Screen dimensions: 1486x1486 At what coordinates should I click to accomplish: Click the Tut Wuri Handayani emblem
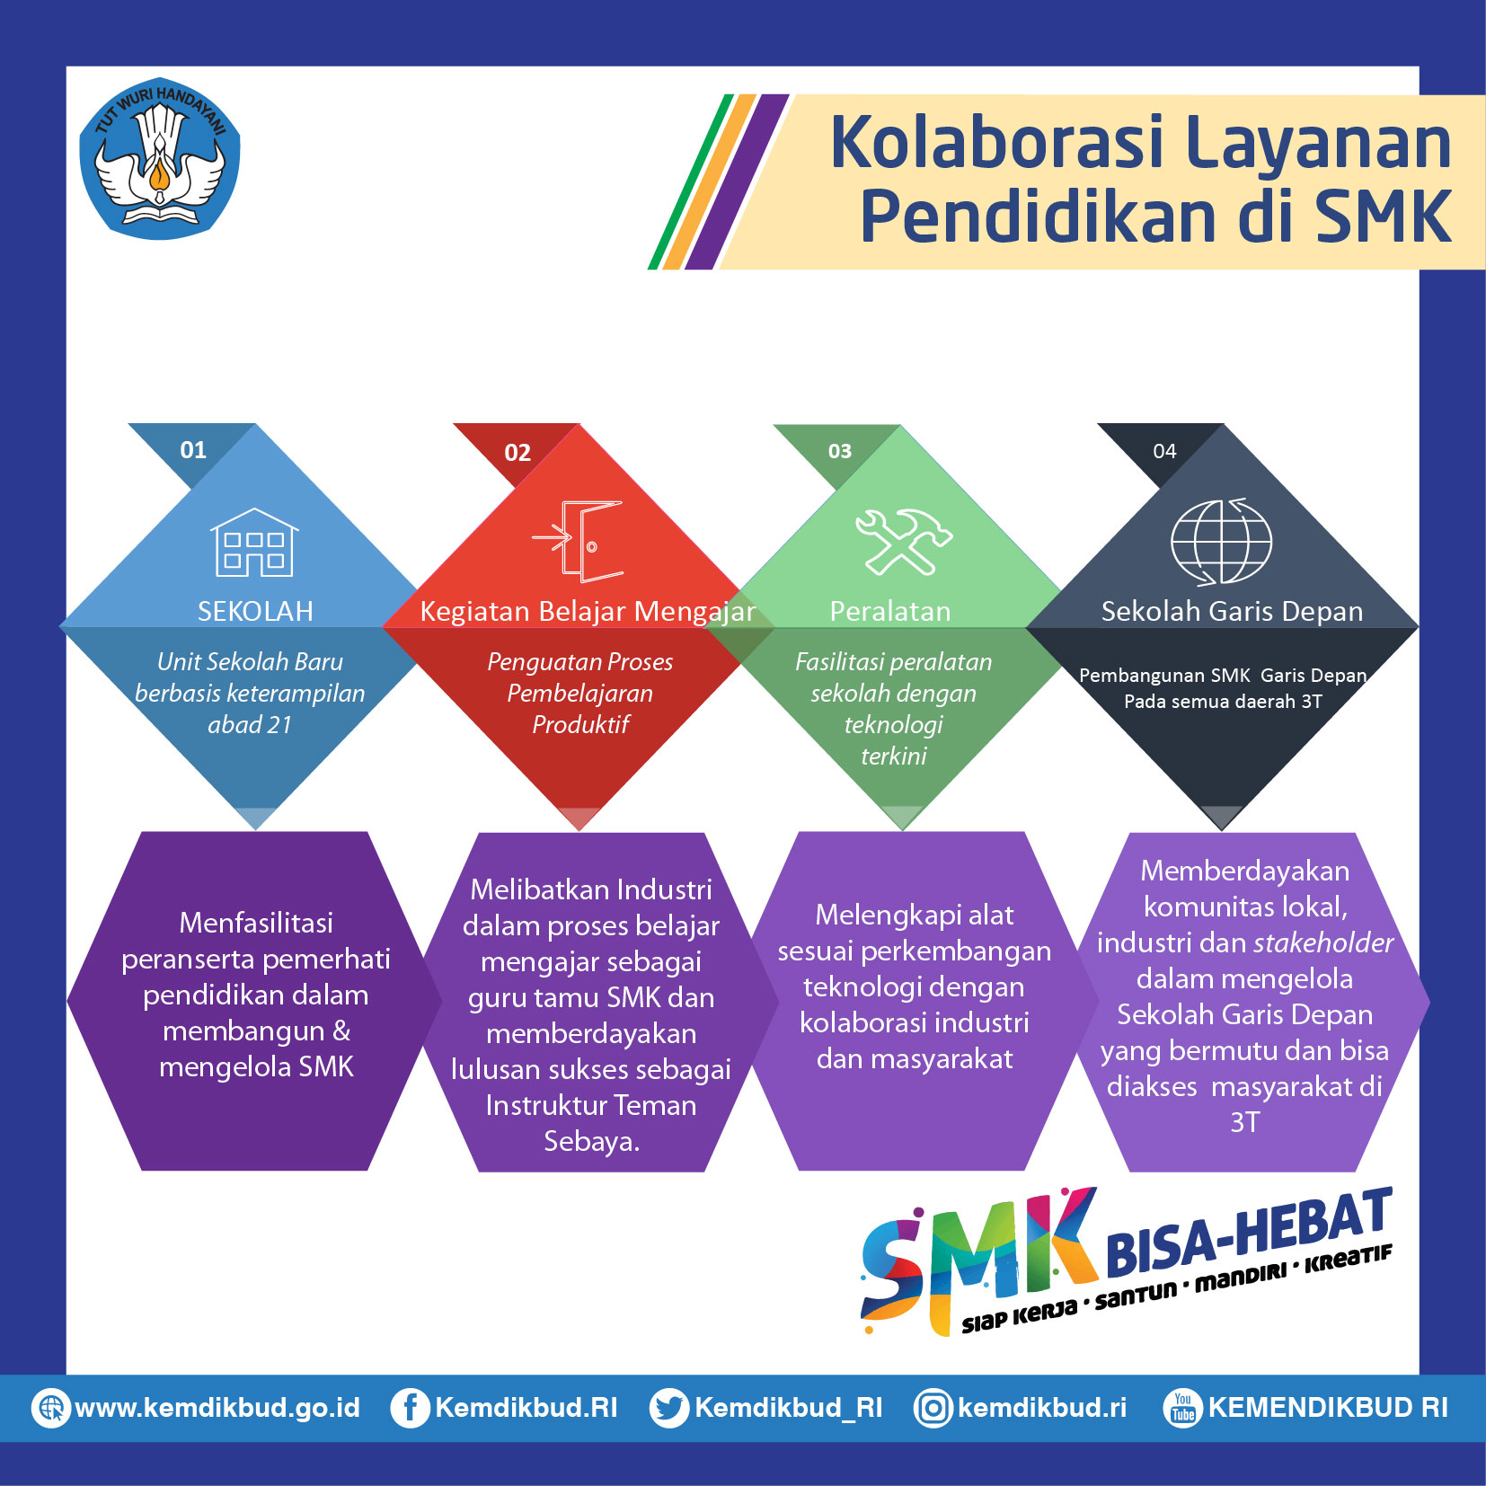[160, 158]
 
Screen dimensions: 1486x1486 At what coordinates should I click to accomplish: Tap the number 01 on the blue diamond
[193, 450]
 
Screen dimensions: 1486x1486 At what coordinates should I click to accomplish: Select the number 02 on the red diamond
[517, 453]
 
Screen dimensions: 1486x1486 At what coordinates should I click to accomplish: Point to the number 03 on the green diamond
[840, 451]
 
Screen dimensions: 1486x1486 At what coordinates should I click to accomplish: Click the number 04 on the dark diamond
[1164, 451]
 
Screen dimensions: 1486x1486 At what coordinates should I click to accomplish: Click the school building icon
[255, 543]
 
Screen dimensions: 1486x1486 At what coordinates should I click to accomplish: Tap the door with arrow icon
[578, 542]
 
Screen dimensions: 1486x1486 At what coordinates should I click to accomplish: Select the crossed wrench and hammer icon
[903, 542]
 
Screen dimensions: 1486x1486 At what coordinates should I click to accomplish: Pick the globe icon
[1221, 542]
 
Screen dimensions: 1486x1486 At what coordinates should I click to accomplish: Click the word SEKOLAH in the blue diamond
[255, 612]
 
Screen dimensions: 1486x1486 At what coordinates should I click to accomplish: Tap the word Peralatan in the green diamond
[890, 612]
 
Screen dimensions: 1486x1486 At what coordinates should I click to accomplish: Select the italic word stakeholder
[1323, 942]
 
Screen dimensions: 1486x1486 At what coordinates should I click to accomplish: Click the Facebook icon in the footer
[409, 1408]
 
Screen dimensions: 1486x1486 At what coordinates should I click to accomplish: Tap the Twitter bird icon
[669, 1408]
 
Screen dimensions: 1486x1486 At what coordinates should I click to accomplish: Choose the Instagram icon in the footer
[933, 1408]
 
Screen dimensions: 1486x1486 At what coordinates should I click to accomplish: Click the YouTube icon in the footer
[1182, 1408]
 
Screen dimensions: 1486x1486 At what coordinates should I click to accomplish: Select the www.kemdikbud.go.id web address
[217, 1408]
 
